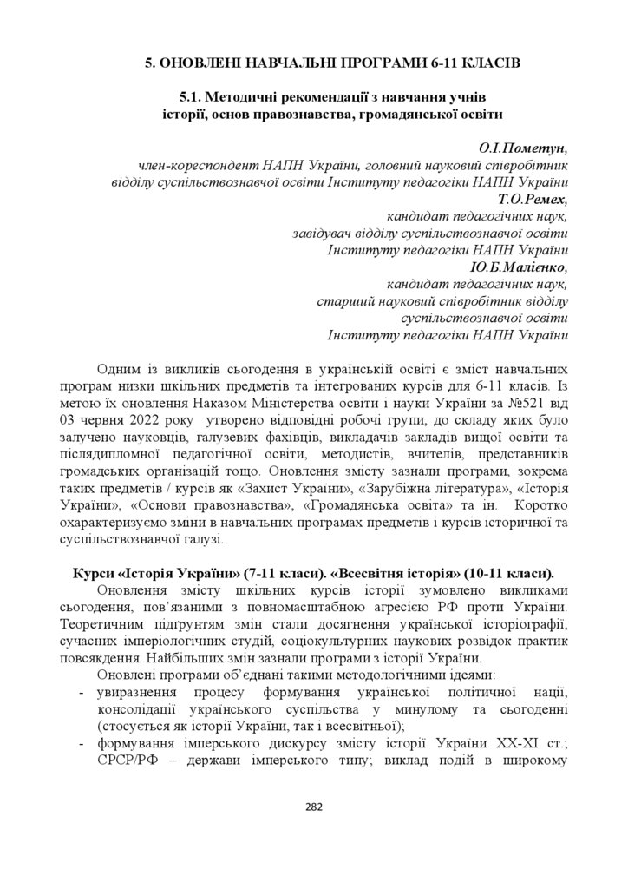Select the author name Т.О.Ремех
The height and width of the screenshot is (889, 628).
(532, 200)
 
